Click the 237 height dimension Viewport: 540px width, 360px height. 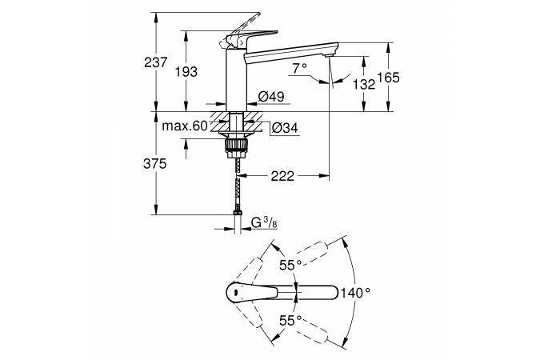[x=156, y=62]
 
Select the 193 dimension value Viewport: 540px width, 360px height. [x=186, y=72]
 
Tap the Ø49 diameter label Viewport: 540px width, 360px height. [x=271, y=97]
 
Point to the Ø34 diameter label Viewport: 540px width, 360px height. [x=285, y=129]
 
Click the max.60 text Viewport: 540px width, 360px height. [x=186, y=126]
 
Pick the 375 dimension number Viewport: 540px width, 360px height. [x=155, y=164]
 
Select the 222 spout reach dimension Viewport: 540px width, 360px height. [x=282, y=176]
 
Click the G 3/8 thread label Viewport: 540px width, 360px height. [x=264, y=222]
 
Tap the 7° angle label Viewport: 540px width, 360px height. [x=300, y=68]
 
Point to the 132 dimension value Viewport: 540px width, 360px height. [x=364, y=84]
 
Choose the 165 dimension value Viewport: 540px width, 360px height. [x=388, y=78]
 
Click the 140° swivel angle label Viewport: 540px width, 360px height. [x=356, y=293]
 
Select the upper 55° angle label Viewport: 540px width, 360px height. [x=290, y=266]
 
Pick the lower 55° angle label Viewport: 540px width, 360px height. [x=290, y=321]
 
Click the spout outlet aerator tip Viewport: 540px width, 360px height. [x=330, y=56]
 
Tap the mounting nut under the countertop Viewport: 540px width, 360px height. [x=236, y=145]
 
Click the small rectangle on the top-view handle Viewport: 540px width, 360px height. [x=235, y=293]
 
